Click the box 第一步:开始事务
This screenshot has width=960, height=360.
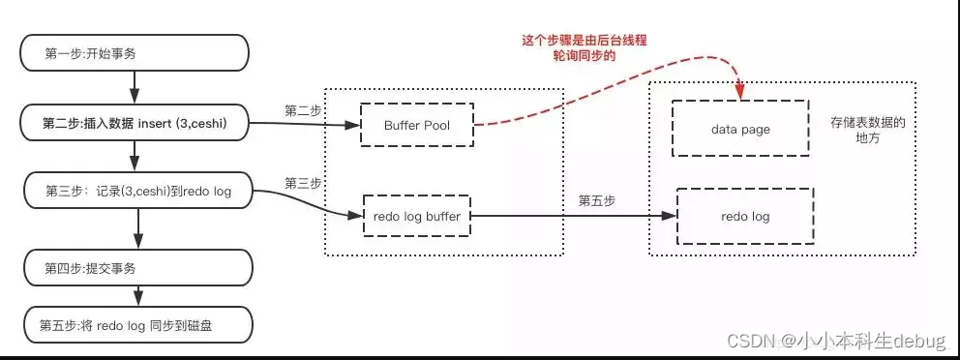135,53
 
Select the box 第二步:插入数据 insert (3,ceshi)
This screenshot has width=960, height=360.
135,124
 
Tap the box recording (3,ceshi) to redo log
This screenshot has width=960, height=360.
135,192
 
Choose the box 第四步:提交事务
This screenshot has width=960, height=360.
135,266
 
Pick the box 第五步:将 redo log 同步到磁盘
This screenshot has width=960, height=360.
135,325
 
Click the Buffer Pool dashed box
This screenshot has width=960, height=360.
418,125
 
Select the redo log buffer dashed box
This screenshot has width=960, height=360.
417,216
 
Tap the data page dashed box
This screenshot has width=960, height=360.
741,129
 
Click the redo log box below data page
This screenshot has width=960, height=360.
745,216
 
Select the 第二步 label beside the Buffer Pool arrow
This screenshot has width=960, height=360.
303,110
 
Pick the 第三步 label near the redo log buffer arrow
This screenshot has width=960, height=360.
303,182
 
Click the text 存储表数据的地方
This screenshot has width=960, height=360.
867,131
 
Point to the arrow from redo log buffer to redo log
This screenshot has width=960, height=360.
571,216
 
